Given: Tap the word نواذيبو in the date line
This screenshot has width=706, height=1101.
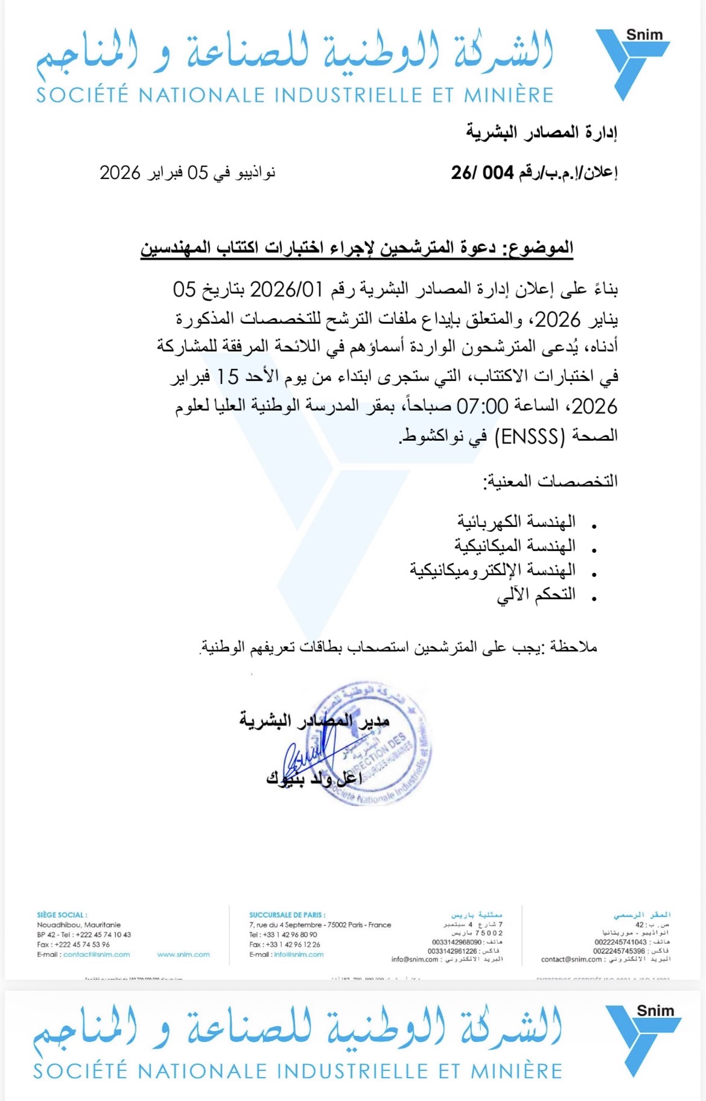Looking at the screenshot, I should pyautogui.click(x=253, y=173).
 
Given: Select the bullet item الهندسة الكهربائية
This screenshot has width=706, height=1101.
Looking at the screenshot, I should pyautogui.click(x=516, y=522).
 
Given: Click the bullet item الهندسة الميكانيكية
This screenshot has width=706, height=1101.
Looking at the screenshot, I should pyautogui.click(x=515, y=546).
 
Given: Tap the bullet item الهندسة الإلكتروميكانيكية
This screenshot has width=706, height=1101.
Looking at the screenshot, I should pyautogui.click(x=492, y=570).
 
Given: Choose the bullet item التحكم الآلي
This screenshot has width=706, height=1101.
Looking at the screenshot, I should pyautogui.click(x=536, y=595).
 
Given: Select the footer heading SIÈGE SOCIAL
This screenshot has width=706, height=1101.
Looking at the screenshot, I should pyautogui.click(x=62, y=915).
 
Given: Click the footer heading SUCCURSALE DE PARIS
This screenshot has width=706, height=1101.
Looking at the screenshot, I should pyautogui.click(x=287, y=915).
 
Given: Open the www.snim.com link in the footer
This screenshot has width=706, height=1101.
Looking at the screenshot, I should pyautogui.click(x=183, y=954).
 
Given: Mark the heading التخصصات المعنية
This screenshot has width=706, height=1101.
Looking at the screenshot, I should pyautogui.click(x=550, y=482).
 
